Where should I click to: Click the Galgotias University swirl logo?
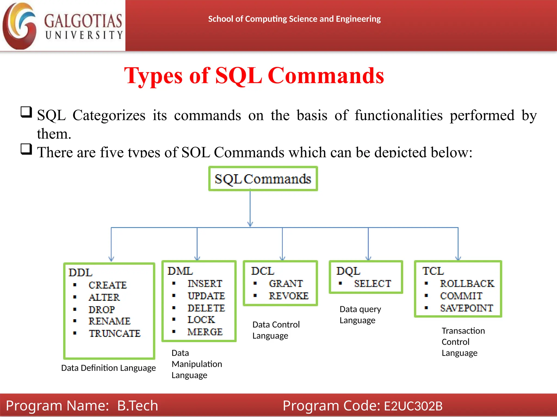[19, 26]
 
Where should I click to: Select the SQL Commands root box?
[263, 179]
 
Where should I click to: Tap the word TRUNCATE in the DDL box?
[115, 333]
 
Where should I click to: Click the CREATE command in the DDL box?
[107, 285]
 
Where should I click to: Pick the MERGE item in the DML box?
[205, 332]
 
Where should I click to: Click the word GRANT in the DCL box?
[286, 283]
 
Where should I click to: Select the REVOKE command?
[289, 296]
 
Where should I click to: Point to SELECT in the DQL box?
[372, 283]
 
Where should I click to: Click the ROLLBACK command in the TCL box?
[467, 283]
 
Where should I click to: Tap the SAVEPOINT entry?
[466, 308]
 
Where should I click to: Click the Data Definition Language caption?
[108, 368]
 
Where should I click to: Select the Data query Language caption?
[360, 315]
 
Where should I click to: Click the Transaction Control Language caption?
[463, 342]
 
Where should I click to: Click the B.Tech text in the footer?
[137, 406]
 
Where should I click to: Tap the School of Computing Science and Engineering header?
[294, 19]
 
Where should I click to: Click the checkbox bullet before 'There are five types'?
[26, 149]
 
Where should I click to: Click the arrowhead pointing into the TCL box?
[458, 258]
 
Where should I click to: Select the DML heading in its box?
[180, 271]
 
